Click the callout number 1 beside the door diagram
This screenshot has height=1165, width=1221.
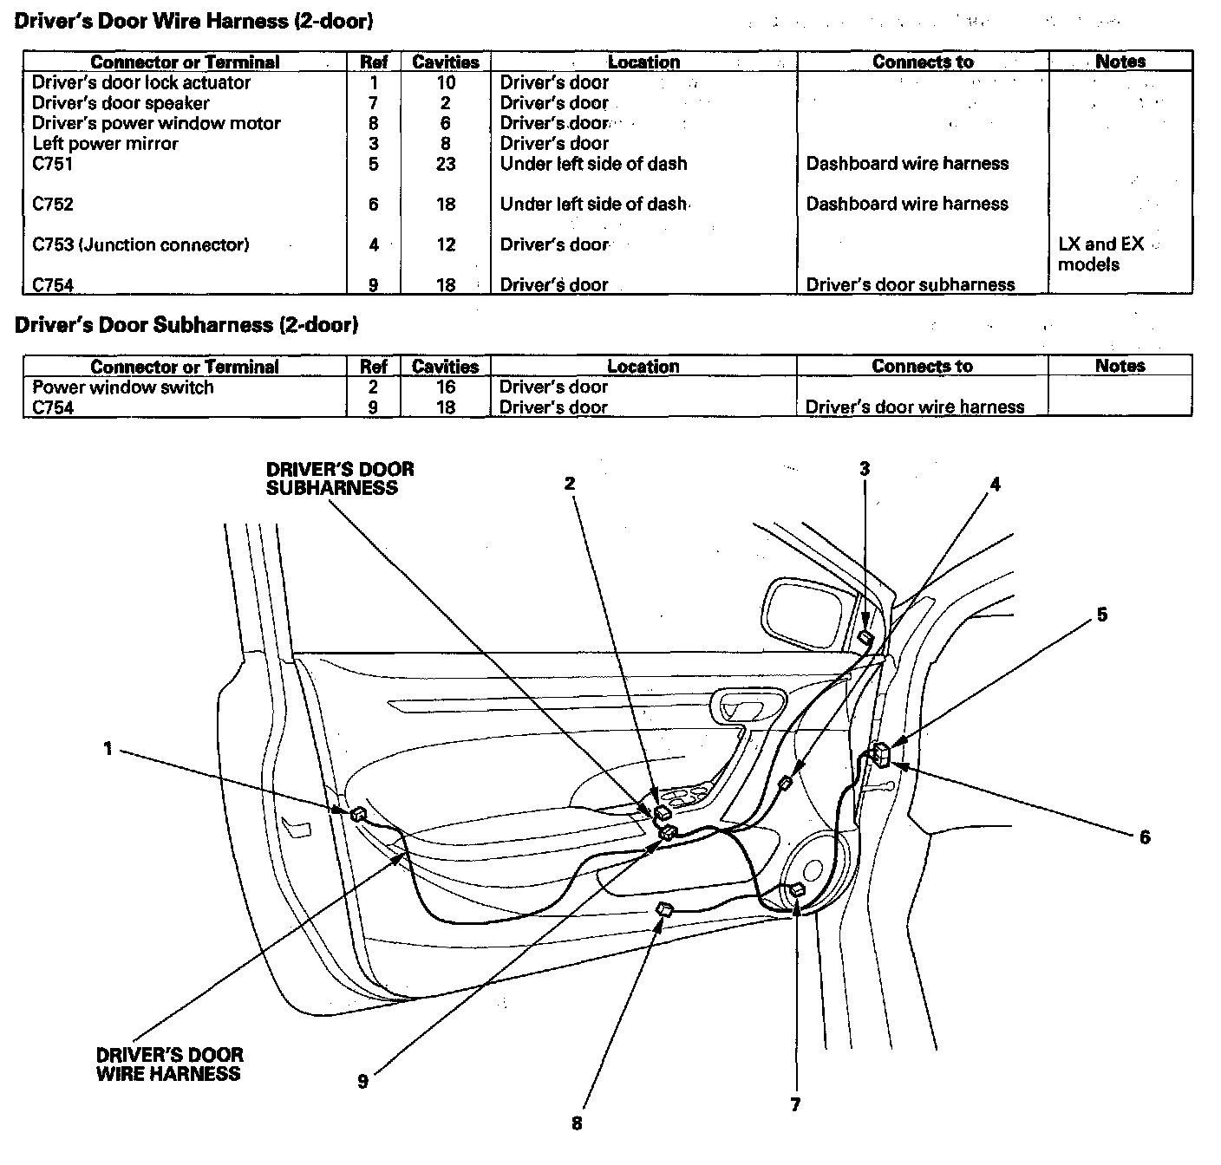pos(108,748)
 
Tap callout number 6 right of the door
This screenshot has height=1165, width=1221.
pos(1145,836)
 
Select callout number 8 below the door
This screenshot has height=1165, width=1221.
pos(577,1123)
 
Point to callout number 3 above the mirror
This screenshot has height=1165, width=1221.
pos(865,469)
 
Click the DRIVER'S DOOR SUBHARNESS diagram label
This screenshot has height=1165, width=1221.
pos(340,478)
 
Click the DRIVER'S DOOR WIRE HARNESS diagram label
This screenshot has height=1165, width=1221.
pos(169,1064)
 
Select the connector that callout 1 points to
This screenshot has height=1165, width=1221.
pos(356,813)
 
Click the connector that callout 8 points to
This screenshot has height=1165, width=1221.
pos(665,909)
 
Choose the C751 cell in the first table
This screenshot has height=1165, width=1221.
pos(53,164)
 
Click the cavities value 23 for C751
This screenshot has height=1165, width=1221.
pos(446,164)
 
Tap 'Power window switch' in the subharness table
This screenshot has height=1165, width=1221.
pos(123,387)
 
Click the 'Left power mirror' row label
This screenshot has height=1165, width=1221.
pos(106,144)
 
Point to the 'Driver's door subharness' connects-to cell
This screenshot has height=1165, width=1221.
pos(911,285)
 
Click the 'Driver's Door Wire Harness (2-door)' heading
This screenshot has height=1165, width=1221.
pos(195,21)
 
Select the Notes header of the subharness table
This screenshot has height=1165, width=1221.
pos(1120,366)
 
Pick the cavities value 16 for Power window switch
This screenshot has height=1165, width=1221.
pos(446,387)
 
